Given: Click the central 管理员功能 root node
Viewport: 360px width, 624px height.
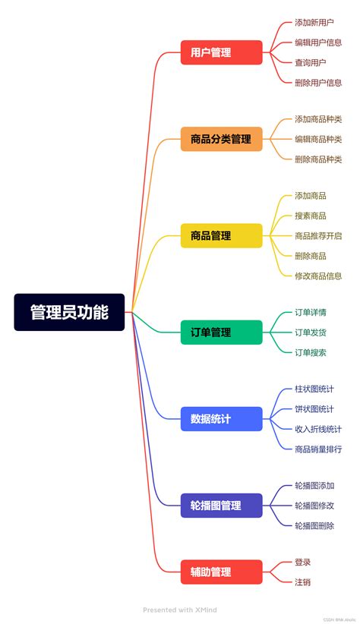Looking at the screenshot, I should [69, 312].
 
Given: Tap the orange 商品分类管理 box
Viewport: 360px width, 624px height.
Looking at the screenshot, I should [221, 139].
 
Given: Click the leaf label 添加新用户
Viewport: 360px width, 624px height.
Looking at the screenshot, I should [314, 23].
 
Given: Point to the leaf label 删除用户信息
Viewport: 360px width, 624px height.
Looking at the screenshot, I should [318, 83].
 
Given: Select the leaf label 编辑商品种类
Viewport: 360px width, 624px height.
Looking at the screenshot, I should [318, 139].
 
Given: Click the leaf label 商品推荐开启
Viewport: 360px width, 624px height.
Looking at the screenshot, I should [318, 235].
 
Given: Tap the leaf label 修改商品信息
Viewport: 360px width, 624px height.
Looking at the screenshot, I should [318, 276].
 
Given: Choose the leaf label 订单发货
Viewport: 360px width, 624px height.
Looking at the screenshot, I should [311, 332].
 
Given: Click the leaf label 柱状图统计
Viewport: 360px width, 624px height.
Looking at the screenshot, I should [314, 389].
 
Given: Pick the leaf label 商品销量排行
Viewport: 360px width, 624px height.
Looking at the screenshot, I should [318, 449].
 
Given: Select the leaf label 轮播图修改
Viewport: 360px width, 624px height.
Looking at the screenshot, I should [314, 506].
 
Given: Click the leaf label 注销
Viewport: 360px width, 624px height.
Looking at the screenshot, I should [302, 582].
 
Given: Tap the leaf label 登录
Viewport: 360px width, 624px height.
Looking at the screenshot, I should [302, 562].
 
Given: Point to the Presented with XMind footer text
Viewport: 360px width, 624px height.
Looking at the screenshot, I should [180, 610].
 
